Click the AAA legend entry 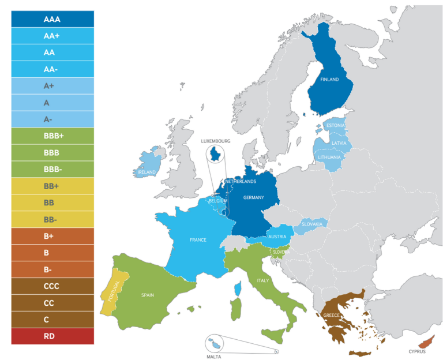pyautogui.click(x=52, y=19)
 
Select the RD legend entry pyautogui.click(x=52, y=336)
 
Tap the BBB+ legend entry pyautogui.click(x=52, y=136)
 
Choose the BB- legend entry pyautogui.click(x=52, y=220)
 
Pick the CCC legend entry pyautogui.click(x=52, y=286)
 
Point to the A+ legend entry pyautogui.click(x=52, y=86)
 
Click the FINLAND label pyautogui.click(x=329, y=80)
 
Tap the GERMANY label pyautogui.click(x=254, y=198)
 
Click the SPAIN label pyautogui.click(x=148, y=295)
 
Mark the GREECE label pyautogui.click(x=331, y=316)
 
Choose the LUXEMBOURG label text pyautogui.click(x=216, y=141)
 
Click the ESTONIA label pyautogui.click(x=335, y=126)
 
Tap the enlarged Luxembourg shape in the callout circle pyautogui.click(x=216, y=154)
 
